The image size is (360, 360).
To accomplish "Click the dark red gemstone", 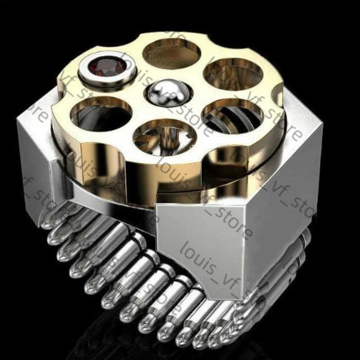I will click(107, 67).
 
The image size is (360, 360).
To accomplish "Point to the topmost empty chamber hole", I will click(171, 53).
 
